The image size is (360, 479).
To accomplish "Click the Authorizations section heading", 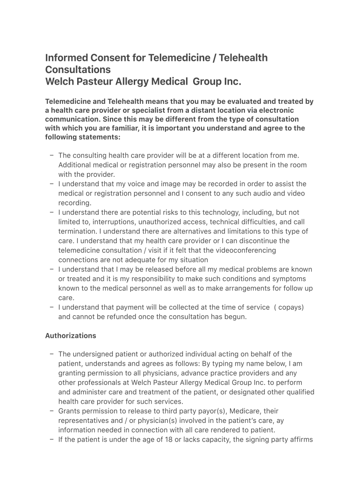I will point(71,335).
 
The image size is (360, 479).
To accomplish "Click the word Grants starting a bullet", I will point(69,411).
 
